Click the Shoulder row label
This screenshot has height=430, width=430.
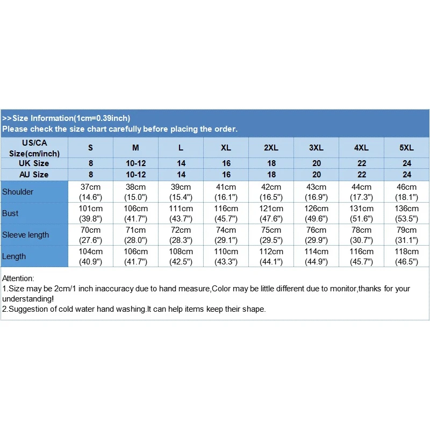pyautogui.click(x=18, y=192)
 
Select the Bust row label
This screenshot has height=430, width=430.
pyautogui.click(x=10, y=213)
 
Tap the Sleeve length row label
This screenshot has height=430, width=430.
pyautogui.click(x=25, y=235)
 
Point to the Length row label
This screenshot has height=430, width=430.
pyautogui.click(x=14, y=256)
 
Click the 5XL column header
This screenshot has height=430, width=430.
pyautogui.click(x=407, y=148)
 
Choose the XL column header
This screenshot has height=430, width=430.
pyautogui.click(x=226, y=148)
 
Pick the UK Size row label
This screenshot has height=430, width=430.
pyautogui.click(x=34, y=163)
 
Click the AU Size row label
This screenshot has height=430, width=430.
pyautogui.click(x=34, y=175)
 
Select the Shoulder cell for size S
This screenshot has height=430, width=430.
pyautogui.click(x=91, y=192)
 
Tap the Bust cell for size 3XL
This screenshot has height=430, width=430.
pyautogui.click(x=317, y=213)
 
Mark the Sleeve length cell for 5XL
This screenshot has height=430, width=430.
pyautogui.click(x=407, y=235)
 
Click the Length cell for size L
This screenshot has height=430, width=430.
pyautogui.click(x=181, y=256)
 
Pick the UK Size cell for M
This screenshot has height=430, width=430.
pyautogui.click(x=136, y=163)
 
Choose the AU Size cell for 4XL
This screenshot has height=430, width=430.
pyautogui.click(x=362, y=175)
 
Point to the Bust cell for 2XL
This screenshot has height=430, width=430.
pyautogui.click(x=271, y=213)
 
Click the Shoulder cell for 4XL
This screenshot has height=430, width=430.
pyautogui.click(x=362, y=192)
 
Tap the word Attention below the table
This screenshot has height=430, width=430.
pyautogui.click(x=18, y=278)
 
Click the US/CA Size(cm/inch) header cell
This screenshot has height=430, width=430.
pyautogui.click(x=34, y=148)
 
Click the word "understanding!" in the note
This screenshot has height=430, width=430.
pyautogui.click(x=28, y=299)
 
